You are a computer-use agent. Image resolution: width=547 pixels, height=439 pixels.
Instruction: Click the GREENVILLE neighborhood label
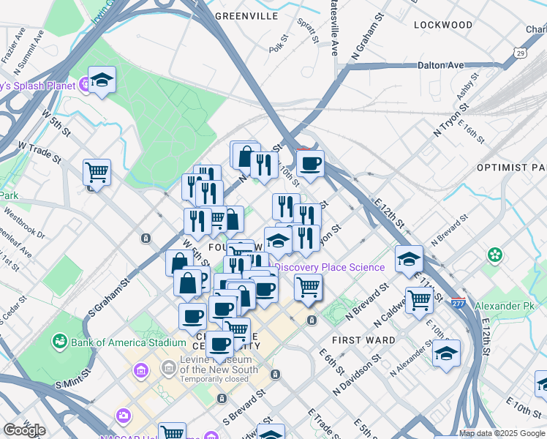246,15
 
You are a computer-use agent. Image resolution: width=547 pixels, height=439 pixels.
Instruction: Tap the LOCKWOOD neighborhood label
442,25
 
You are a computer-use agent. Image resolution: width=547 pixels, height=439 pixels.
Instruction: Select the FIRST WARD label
363,340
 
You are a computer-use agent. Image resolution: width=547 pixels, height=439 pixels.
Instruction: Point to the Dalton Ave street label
440,65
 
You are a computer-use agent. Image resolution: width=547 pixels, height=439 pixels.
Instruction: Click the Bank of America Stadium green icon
59,342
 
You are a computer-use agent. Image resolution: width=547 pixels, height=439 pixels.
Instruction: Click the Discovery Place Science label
330,267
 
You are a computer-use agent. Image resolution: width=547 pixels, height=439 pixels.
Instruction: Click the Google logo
24,429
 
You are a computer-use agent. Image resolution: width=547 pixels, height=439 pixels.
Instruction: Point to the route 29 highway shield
519,53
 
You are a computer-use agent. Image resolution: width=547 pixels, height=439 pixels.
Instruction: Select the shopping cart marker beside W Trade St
97,173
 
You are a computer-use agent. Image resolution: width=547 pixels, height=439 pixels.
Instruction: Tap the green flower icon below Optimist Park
496,255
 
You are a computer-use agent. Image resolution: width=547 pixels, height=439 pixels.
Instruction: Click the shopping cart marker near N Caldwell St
419,299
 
